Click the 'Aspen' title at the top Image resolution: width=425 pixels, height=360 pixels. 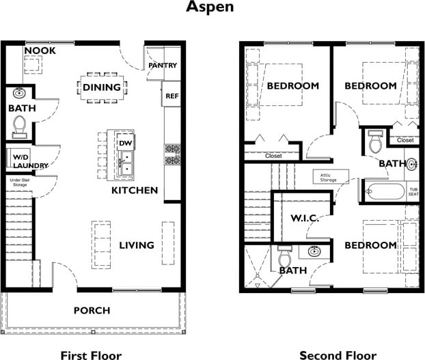[210, 7]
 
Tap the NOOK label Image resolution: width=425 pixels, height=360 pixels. [40, 51]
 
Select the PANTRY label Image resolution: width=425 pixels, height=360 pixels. [163, 66]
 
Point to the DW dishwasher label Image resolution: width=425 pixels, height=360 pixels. [126, 143]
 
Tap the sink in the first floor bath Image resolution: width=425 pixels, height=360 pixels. [19, 93]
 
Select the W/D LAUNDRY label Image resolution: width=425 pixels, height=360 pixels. [30, 161]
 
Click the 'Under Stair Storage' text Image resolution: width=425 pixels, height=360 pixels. [20, 182]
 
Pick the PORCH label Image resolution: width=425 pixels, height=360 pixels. [92, 310]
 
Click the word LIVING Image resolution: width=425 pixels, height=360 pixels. [137, 245]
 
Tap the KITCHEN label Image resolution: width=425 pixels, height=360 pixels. [135, 190]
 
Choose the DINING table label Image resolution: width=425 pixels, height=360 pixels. [102, 87]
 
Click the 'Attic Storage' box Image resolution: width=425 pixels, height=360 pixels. [331, 177]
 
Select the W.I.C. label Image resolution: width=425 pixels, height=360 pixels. [305, 219]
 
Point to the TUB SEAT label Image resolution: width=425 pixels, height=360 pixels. [413, 192]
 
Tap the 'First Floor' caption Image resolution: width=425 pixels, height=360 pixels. [91, 355]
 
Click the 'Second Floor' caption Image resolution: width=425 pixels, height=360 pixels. [338, 355]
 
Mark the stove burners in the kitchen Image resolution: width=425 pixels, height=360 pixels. [172, 154]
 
